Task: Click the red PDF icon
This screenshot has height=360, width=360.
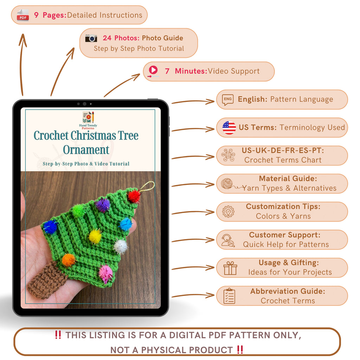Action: click(23, 15)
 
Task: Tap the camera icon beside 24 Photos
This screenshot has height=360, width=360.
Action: click(91, 38)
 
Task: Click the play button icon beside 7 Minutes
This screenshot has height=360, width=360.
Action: click(153, 70)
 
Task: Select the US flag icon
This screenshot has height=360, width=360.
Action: click(229, 128)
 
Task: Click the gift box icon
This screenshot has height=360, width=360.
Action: click(230, 268)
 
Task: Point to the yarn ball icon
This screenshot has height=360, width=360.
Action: click(227, 184)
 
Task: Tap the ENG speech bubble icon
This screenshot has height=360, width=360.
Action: click(228, 99)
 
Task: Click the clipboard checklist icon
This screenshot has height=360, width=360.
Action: click(229, 296)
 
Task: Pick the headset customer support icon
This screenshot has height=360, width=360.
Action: click(228, 240)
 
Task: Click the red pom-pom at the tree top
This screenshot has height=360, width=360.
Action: click(134, 196)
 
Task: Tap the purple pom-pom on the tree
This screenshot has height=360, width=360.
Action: click(103, 205)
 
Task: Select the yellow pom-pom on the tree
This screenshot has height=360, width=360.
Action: click(95, 236)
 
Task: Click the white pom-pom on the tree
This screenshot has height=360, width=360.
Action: click(121, 246)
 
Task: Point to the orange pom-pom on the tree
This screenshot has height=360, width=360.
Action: click(69, 260)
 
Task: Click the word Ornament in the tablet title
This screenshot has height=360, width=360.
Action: click(86, 150)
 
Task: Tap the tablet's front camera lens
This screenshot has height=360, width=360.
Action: click(84, 104)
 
